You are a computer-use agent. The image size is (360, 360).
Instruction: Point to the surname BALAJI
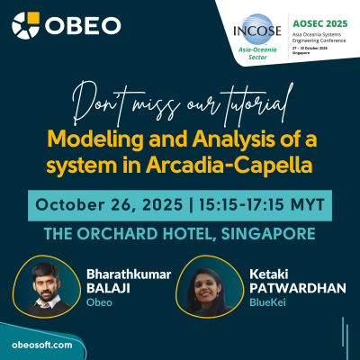coord(108,288)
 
